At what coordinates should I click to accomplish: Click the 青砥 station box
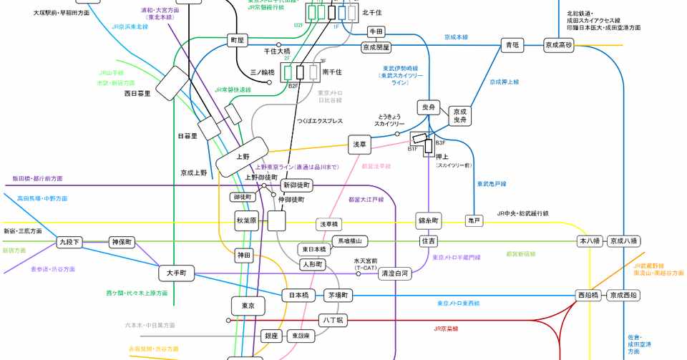[x=512, y=45]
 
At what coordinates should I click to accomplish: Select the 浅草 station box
[x=360, y=144]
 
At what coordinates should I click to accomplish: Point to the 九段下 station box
[x=69, y=243]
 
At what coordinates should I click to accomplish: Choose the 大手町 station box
[x=176, y=273]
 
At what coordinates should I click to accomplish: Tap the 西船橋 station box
[x=588, y=295]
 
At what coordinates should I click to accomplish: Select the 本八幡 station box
[x=590, y=241]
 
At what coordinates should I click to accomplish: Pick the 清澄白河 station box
[x=394, y=273]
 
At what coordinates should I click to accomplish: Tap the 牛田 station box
[x=376, y=31]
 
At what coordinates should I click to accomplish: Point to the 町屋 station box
[x=236, y=40]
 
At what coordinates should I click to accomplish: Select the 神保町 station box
[x=122, y=242]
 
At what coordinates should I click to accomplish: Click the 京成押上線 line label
[x=504, y=82]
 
